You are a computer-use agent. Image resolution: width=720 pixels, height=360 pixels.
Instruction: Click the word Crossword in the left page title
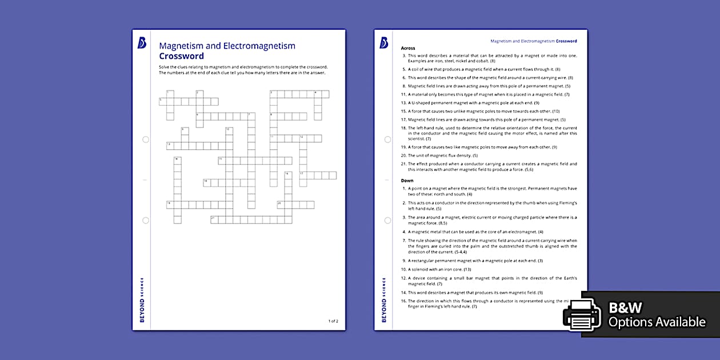click(x=181, y=56)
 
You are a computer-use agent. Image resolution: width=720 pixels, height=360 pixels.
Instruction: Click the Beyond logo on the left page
click(x=142, y=43)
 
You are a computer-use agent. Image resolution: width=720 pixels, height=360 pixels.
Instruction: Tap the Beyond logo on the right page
click(x=383, y=43)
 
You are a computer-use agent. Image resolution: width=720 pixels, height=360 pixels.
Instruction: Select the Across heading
click(x=408, y=48)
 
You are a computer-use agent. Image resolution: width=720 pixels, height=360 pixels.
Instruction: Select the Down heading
click(x=407, y=181)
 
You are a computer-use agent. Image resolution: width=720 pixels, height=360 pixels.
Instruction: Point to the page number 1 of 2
click(x=333, y=321)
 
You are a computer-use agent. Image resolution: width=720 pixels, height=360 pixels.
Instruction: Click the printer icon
click(x=582, y=315)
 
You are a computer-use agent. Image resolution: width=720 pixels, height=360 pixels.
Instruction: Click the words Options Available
click(x=657, y=322)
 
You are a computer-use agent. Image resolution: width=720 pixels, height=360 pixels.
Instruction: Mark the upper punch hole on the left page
click(x=146, y=139)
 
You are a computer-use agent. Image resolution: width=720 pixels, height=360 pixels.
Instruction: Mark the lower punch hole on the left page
click(x=146, y=220)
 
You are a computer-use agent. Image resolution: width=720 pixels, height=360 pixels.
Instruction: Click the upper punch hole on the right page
click(x=387, y=139)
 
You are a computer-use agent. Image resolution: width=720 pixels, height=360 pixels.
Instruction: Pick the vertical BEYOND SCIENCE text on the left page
click(x=142, y=300)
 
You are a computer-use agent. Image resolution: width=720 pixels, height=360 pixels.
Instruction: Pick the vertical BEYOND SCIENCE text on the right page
click(x=383, y=300)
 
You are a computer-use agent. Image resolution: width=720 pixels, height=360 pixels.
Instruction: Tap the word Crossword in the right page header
click(x=566, y=41)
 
